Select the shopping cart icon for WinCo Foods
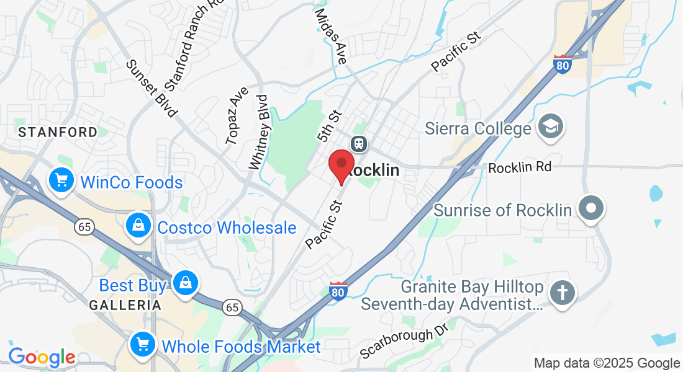coord(61,181)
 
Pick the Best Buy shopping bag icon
coord(184,284)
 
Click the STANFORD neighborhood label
coord(58,132)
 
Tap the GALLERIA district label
coord(125,305)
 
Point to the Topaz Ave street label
coord(237,115)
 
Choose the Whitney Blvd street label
coord(259,131)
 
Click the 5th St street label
coord(329,126)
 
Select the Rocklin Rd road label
coord(520,167)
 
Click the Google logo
coord(42,356)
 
